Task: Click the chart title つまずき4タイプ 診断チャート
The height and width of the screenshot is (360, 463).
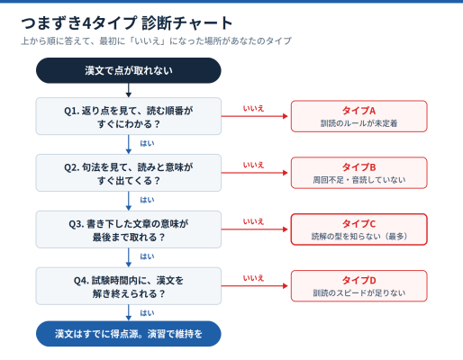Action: click(127, 23)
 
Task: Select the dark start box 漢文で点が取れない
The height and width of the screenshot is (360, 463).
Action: click(129, 70)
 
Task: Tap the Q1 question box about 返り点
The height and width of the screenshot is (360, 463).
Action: click(129, 116)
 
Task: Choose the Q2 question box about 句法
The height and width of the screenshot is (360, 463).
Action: click(129, 173)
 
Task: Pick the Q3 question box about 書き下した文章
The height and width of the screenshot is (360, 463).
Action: click(129, 229)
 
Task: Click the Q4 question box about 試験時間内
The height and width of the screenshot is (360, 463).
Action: click(129, 286)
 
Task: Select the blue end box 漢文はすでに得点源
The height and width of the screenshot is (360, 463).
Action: click(129, 334)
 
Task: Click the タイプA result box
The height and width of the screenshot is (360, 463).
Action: click(359, 116)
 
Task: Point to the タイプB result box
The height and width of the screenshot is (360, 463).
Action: click(359, 173)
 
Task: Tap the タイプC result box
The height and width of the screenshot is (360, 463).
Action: click(359, 229)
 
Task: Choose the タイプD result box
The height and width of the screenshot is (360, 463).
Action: click(359, 286)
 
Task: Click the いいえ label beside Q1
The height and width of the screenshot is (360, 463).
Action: click(253, 108)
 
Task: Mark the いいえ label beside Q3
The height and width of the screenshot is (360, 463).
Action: click(253, 221)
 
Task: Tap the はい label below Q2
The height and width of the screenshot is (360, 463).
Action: click(147, 200)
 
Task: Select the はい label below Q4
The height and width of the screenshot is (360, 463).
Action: click(147, 313)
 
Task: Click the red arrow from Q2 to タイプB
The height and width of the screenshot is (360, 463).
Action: click(255, 173)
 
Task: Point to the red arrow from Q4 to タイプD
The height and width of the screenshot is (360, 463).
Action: click(255, 286)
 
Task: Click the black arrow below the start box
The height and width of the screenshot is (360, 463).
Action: click(129, 90)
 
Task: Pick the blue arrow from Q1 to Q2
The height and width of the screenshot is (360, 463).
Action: click(129, 144)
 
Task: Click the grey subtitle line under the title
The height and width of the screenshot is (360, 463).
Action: click(156, 40)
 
